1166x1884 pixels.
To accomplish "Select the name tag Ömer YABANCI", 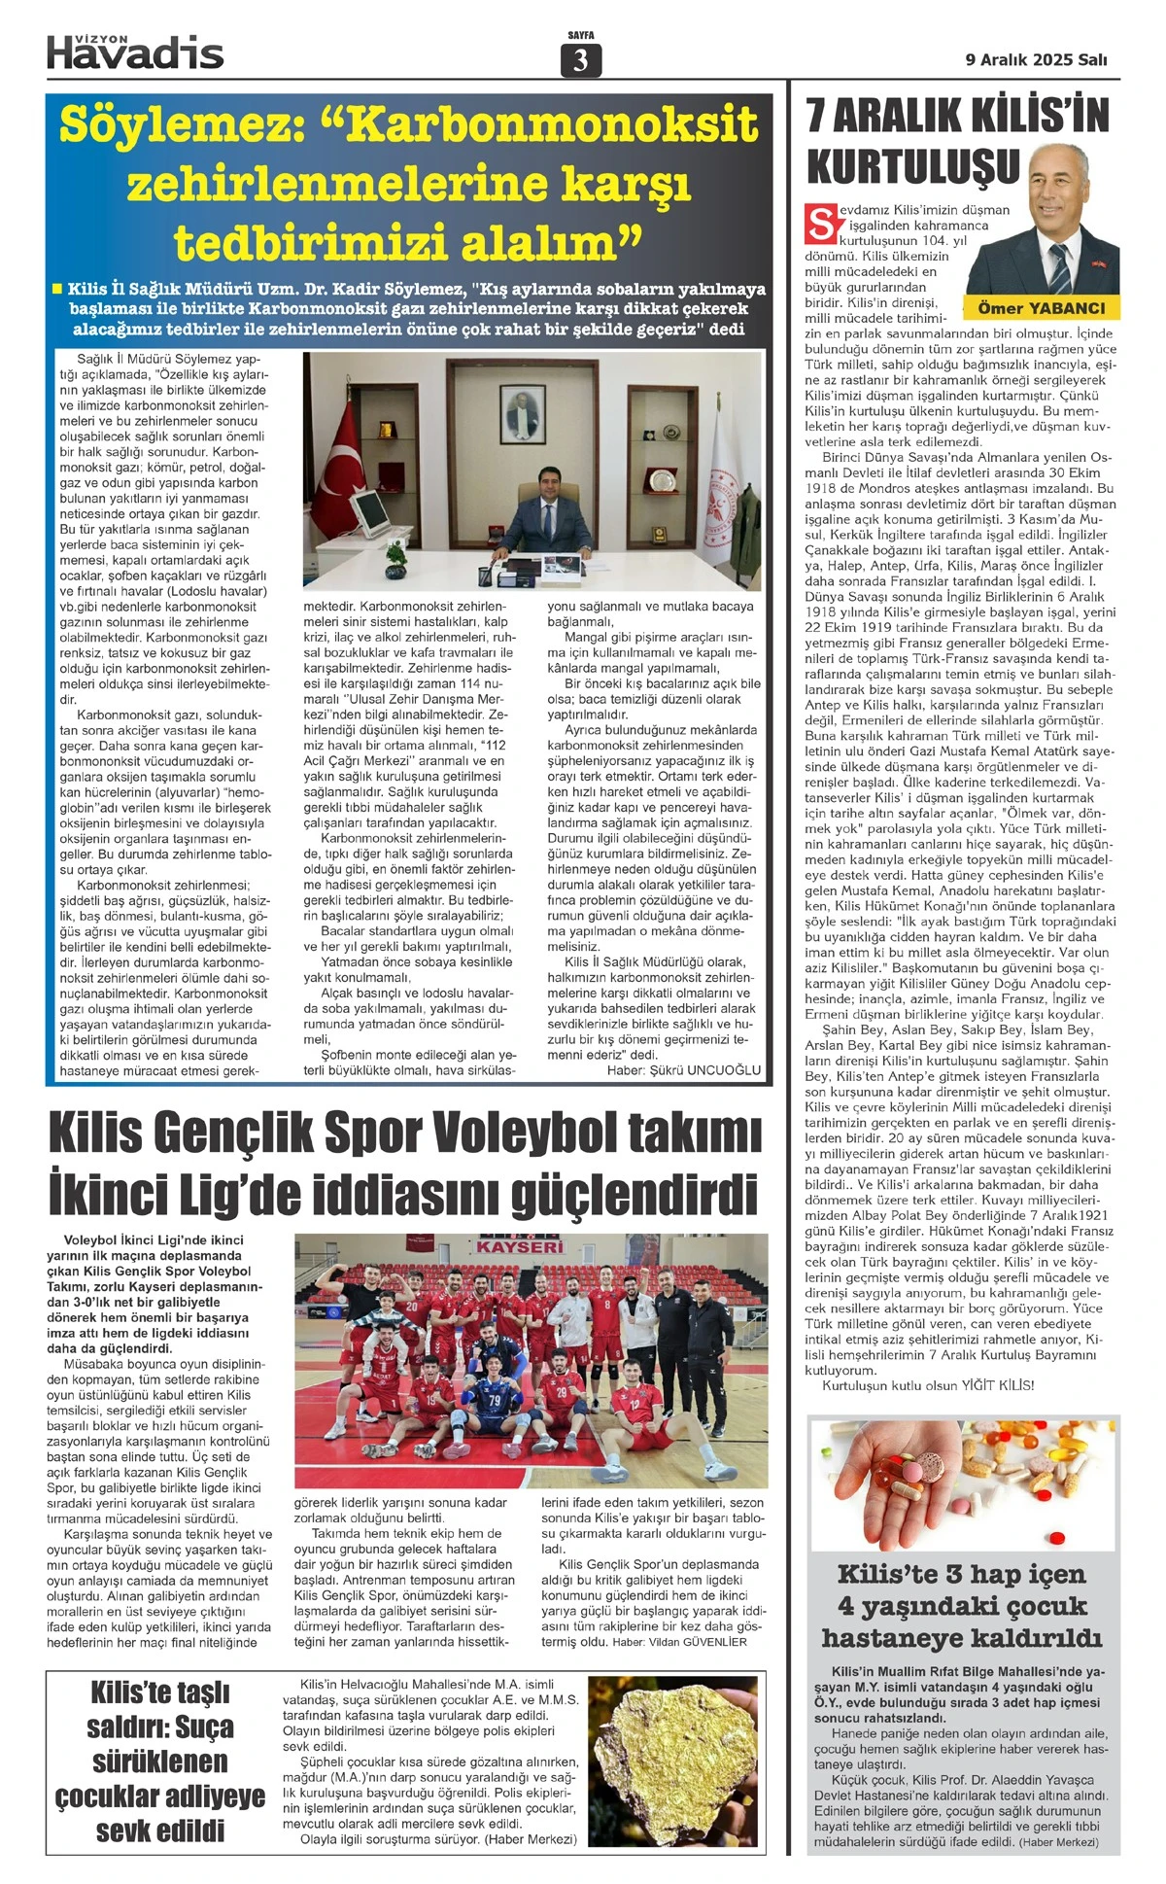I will pyautogui.click(x=1041, y=308).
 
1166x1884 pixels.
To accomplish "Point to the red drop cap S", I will pyautogui.click(x=819, y=224).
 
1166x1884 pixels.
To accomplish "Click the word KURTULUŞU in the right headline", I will pyautogui.click(x=912, y=166).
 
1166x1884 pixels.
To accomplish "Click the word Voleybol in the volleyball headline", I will pyautogui.click(x=529, y=1134).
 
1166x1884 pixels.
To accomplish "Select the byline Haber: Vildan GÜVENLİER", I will pyautogui.click(x=679, y=1642).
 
